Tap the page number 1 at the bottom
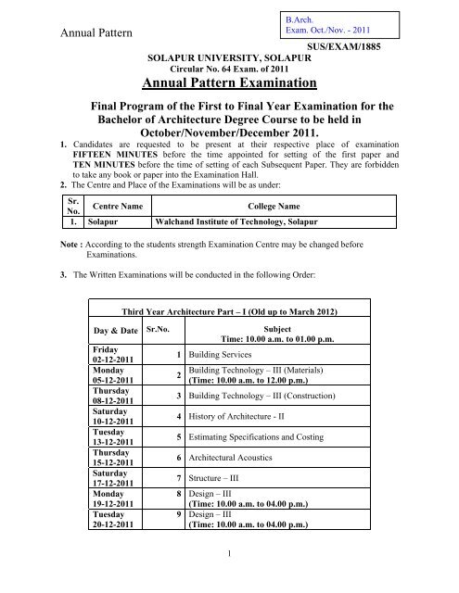(x=228, y=578)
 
